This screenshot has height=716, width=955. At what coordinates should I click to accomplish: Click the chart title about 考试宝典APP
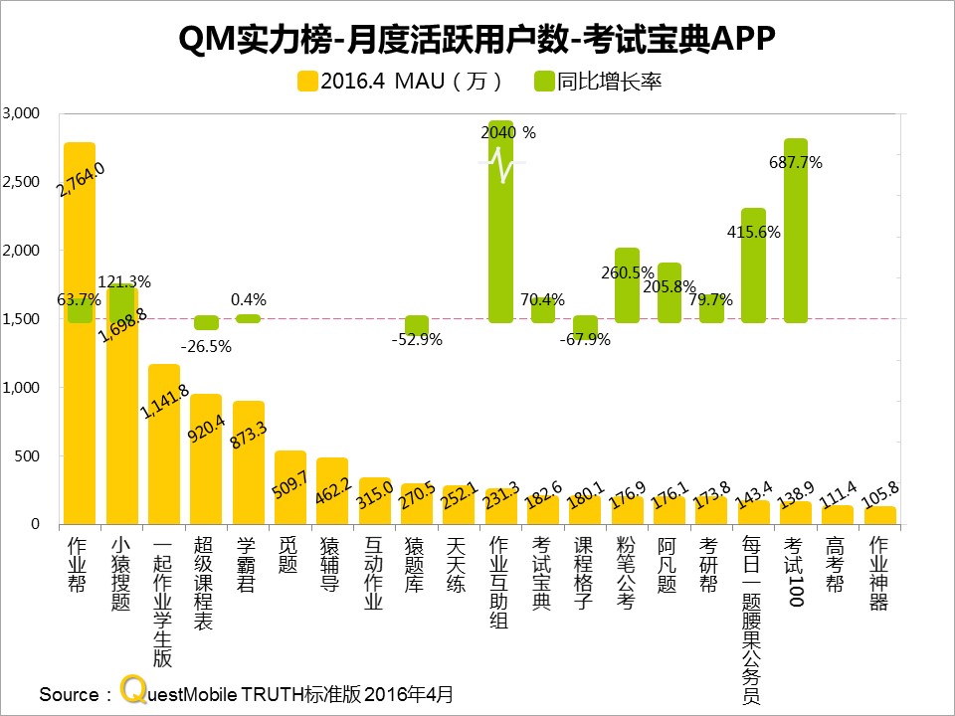[x=477, y=38]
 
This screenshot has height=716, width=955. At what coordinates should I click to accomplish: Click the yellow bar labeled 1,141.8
[x=164, y=447]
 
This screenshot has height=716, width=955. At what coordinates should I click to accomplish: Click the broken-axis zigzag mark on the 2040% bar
[x=501, y=164]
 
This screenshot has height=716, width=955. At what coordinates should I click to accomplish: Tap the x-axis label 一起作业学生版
[x=163, y=603]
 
